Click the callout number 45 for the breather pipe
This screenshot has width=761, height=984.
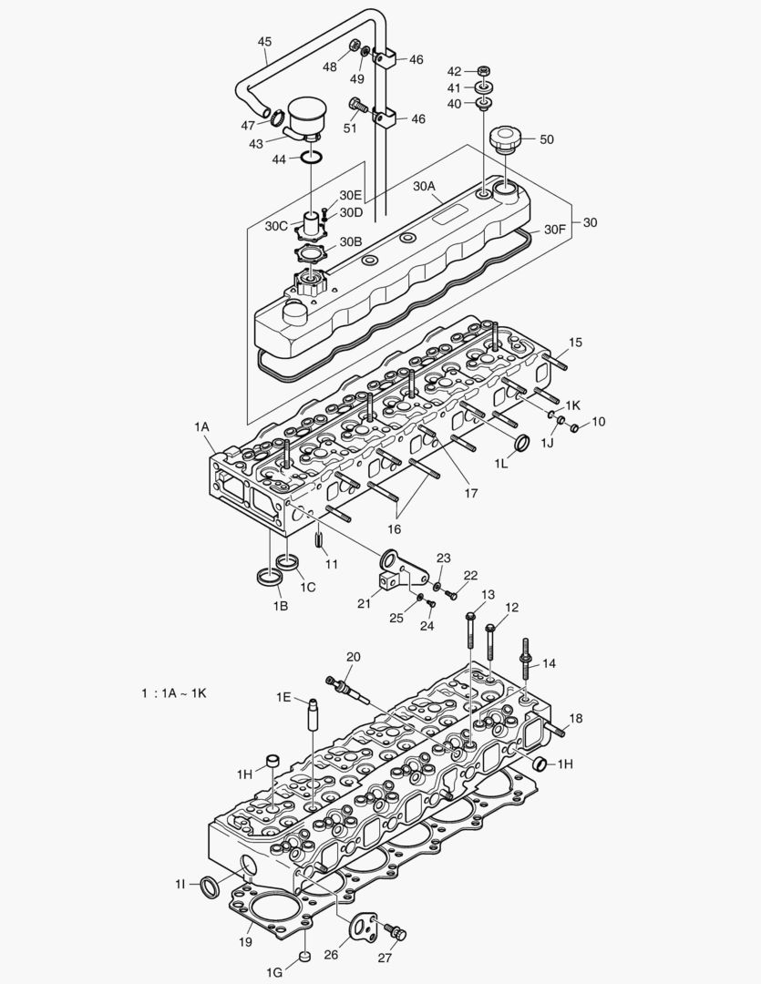264,42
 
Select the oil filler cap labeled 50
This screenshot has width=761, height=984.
503,141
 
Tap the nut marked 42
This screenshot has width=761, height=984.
483,71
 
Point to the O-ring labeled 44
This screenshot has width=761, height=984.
312,159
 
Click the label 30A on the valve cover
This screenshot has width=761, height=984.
425,186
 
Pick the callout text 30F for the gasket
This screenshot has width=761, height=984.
556,230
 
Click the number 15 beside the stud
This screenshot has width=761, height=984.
575,343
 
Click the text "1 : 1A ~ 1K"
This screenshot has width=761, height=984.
174,693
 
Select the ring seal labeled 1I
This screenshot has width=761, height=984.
210,886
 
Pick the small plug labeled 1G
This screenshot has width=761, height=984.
306,958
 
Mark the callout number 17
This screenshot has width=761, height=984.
470,494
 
